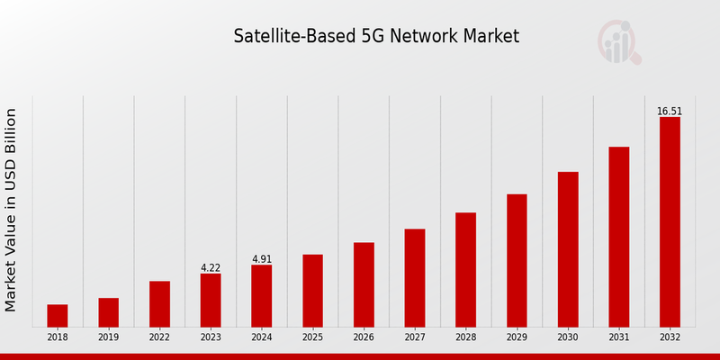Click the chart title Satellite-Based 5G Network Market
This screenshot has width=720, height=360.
coord(376,37)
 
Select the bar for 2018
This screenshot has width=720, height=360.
coord(58,315)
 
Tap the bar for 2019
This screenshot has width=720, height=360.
coord(108,311)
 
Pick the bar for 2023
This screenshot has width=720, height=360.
coord(211,300)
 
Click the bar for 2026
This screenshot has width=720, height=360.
coord(364,284)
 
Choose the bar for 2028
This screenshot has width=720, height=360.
coord(465,269)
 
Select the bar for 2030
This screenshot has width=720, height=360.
coord(568,248)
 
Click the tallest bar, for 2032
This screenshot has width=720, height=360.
coord(670,221)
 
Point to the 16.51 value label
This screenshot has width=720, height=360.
coord(670,112)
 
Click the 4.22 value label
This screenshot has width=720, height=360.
coord(211,268)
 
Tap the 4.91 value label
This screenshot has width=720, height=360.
coord(261,259)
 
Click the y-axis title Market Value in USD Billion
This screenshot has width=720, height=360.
coord(12,210)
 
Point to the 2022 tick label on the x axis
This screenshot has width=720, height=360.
coord(159,337)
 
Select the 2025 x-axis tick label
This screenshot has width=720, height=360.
coord(312,337)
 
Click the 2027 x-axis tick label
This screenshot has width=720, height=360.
coord(415,337)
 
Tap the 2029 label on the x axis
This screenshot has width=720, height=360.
coord(517,337)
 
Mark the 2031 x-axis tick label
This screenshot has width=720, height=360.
coord(619,337)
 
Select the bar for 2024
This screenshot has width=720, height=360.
coord(261,295)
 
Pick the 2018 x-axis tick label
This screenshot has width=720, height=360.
coord(58,337)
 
